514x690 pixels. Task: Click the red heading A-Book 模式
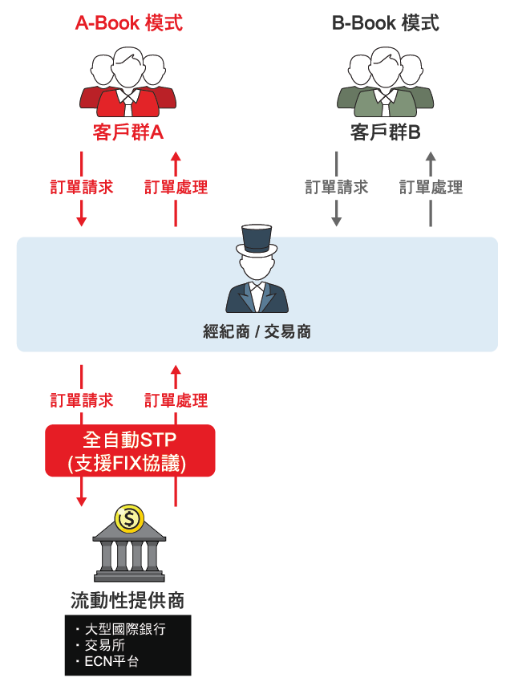(129, 23)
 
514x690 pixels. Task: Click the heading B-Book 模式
(385, 23)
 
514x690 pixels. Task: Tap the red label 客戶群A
(128, 132)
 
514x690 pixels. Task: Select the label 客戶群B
(385, 132)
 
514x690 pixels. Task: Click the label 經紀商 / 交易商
(257, 331)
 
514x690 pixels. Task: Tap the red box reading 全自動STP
(130, 450)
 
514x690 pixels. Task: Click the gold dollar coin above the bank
(129, 519)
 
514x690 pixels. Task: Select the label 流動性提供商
(127, 600)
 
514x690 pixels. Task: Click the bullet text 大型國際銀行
(125, 629)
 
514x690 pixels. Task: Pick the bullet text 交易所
(105, 645)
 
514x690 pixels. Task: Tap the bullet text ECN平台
(111, 661)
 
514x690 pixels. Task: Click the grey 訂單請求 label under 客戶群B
(336, 187)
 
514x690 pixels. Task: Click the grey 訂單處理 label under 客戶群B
(431, 187)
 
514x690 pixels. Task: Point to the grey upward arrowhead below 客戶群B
(431, 156)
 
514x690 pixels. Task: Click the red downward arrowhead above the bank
(81, 501)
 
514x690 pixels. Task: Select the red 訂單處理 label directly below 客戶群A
(176, 187)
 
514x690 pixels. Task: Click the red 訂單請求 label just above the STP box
(81, 400)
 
